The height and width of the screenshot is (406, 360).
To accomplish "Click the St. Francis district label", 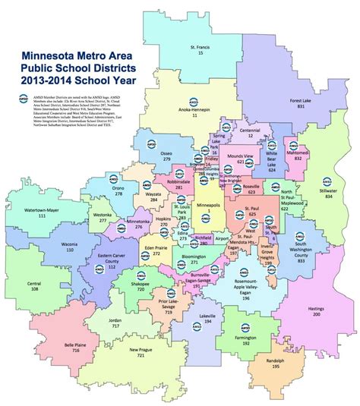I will point(201,52).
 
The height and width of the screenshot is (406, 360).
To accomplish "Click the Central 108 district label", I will point(34,287).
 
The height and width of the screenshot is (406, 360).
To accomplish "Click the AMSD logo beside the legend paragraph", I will point(17,99).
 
